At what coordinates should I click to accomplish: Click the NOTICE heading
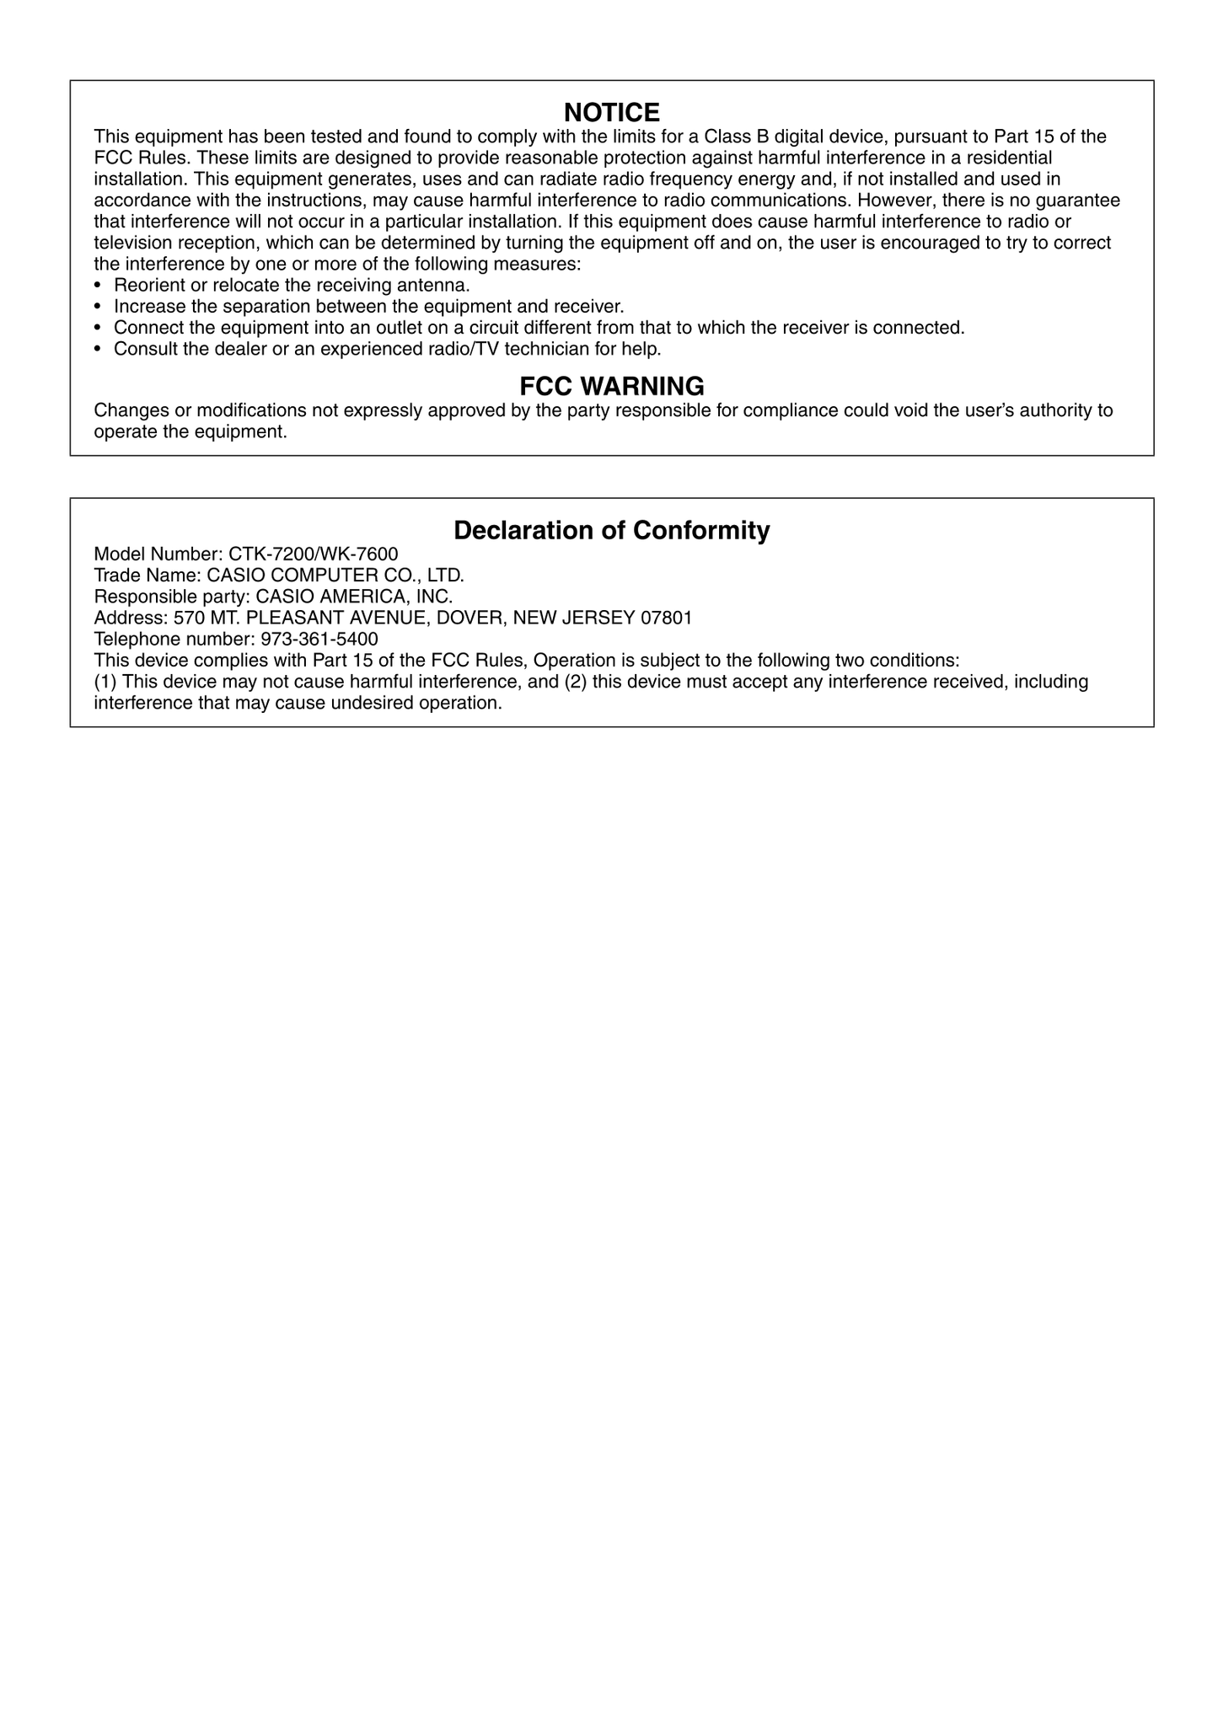coord(611,112)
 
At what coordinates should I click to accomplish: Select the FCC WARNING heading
coord(611,386)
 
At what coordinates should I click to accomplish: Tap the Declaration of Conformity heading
coord(611,530)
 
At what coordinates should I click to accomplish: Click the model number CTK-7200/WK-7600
coord(314,554)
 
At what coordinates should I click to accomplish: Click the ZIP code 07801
coord(667,618)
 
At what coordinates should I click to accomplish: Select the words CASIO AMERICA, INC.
coord(354,597)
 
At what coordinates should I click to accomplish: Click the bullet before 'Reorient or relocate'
coord(98,286)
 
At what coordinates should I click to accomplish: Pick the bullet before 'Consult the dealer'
coord(98,349)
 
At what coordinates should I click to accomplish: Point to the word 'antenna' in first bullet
coord(435,286)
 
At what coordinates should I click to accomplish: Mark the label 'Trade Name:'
coord(148,576)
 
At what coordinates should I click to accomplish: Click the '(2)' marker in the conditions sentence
coord(576,682)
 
